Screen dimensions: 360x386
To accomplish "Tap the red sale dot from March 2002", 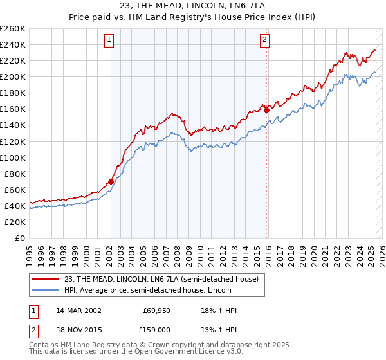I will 111,181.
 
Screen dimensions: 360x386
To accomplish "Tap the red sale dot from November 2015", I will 266,109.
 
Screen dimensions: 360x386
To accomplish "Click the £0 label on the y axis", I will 21,238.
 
